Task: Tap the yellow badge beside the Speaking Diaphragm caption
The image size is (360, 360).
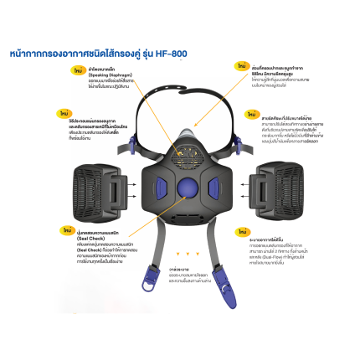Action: coord(78,73)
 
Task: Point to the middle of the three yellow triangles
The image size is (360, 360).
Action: coord(188,253)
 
